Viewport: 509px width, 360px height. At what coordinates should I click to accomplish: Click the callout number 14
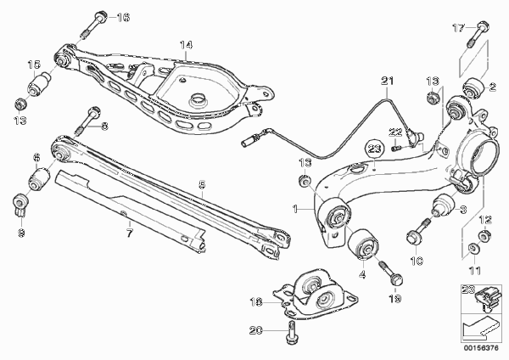187,45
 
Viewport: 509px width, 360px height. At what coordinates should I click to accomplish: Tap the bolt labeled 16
92,25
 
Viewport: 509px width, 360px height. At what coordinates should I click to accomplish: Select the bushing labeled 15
39,84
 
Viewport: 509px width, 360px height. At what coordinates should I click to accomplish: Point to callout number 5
202,185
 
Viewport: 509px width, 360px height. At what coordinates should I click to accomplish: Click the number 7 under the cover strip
130,233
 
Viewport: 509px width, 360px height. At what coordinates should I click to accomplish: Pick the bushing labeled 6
39,178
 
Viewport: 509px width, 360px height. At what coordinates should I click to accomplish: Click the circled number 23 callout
374,149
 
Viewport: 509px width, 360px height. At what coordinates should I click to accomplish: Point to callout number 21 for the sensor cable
388,81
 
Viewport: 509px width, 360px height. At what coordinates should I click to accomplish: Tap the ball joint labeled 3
443,205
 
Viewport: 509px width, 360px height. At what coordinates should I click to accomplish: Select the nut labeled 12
484,235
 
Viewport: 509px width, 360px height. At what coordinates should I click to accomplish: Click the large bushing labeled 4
363,245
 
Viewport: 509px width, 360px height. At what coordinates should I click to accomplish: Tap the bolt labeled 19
391,272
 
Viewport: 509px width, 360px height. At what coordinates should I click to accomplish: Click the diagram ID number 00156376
480,348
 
